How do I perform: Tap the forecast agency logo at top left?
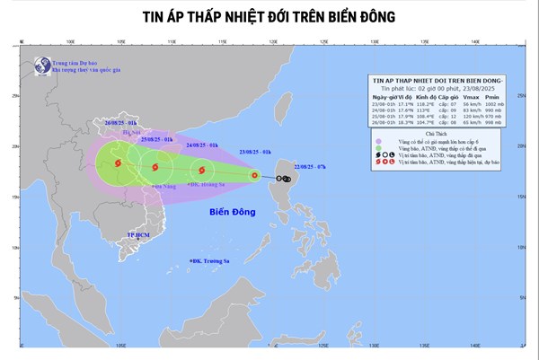pyautogui.click(x=40, y=66)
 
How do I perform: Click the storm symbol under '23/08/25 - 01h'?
pyautogui.click(x=254, y=176)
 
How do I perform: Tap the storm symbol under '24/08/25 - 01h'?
pyautogui.click(x=199, y=169)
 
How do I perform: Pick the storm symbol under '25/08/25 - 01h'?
pyautogui.click(x=155, y=166)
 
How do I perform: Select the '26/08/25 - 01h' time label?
pyautogui.click(x=119, y=120)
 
